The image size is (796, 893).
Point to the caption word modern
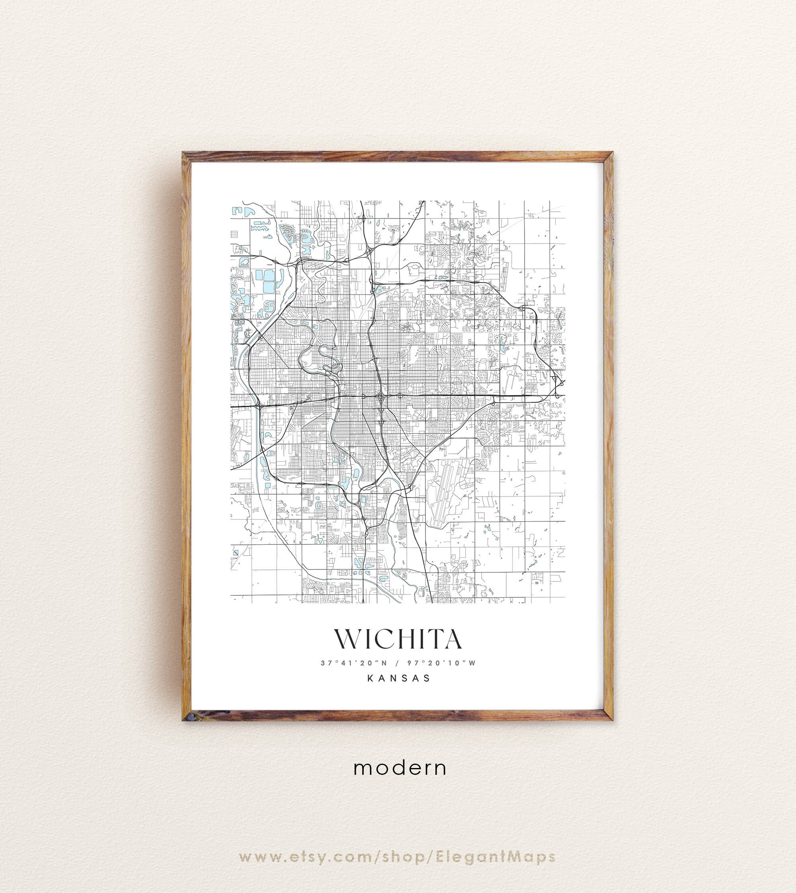pos(400,768)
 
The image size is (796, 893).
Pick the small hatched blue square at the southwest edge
pos(236,553)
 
